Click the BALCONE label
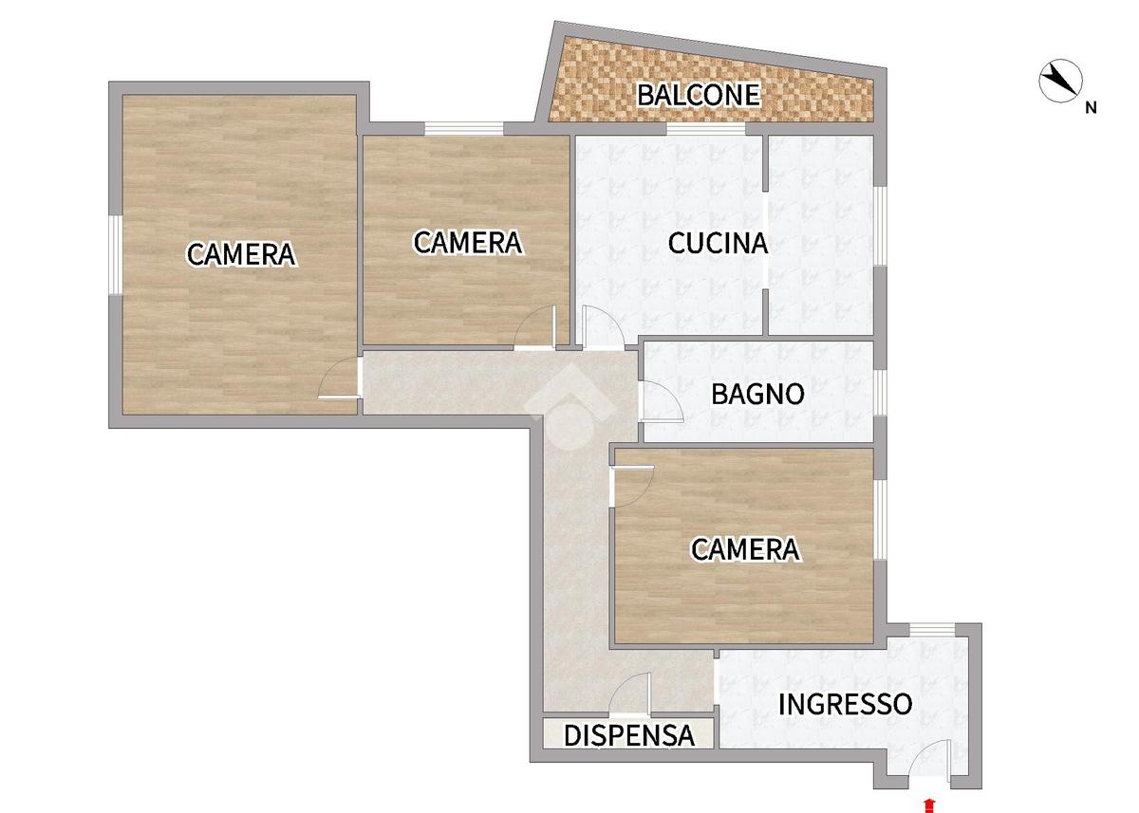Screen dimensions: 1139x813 pyautogui.click(x=699, y=95)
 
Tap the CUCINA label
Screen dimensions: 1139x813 pyautogui.click(x=718, y=243)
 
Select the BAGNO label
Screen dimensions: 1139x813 pyautogui.click(x=757, y=395)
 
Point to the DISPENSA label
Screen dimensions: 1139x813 pyautogui.click(x=629, y=735)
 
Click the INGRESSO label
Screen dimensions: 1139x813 pyautogui.click(x=845, y=704)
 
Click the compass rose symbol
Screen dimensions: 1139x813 pyautogui.click(x=1060, y=81)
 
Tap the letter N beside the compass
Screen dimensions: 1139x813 pyautogui.click(x=1091, y=108)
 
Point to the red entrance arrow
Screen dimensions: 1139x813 pyautogui.click(x=930, y=806)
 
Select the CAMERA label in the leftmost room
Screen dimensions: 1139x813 pyautogui.click(x=241, y=254)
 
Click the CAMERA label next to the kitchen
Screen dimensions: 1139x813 pyautogui.click(x=468, y=242)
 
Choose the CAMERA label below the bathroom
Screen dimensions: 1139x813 pyautogui.click(x=745, y=549)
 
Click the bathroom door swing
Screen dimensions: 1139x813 pyautogui.click(x=661, y=401)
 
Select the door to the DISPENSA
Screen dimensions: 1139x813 pyautogui.click(x=630, y=693)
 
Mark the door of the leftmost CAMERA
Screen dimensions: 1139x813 pyautogui.click(x=339, y=378)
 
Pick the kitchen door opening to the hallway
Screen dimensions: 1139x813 pyautogui.click(x=604, y=327)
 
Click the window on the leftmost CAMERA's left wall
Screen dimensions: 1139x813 pyautogui.click(x=116, y=254)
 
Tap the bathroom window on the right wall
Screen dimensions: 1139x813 pyautogui.click(x=881, y=394)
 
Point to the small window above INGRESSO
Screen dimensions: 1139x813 pyautogui.click(x=932, y=630)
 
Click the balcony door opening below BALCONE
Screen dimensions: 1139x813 pyautogui.click(x=706, y=129)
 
